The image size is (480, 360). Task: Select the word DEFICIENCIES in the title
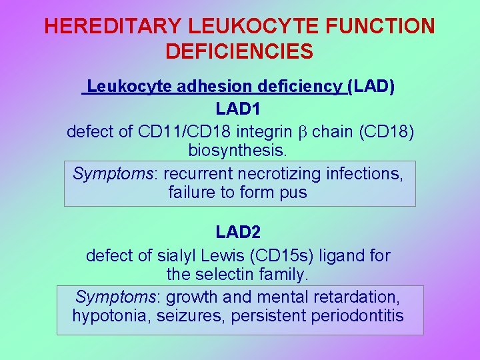239,51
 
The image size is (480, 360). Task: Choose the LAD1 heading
239,109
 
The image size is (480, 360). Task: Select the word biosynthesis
239,150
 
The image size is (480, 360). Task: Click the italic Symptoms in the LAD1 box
114,174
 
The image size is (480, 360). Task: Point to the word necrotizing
280,174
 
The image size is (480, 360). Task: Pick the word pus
294,194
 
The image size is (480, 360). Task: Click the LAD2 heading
239,232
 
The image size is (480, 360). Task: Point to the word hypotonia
111,315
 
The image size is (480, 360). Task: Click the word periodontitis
357,315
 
